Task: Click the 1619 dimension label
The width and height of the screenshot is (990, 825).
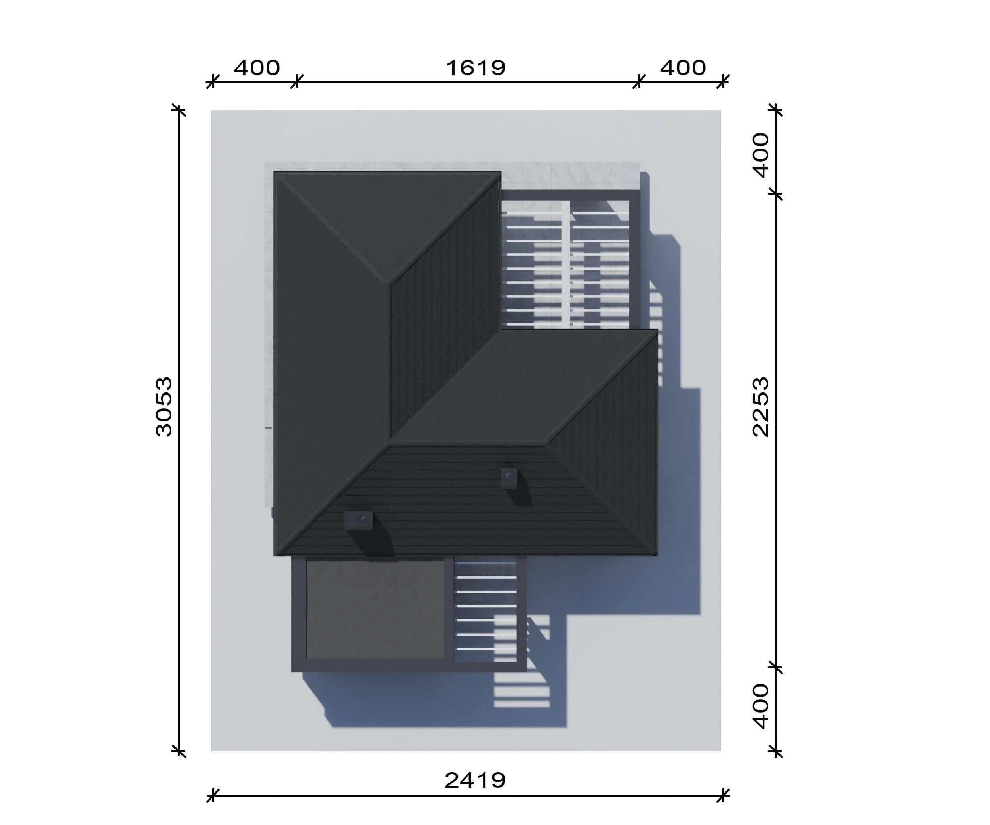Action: [476, 68]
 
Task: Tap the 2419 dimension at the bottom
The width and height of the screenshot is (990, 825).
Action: [475, 781]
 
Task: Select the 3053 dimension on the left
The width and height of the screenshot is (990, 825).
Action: [164, 407]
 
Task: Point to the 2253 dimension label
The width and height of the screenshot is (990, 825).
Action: [761, 407]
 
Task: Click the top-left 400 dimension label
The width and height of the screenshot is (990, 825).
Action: [257, 68]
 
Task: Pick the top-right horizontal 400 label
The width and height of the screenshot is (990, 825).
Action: [683, 68]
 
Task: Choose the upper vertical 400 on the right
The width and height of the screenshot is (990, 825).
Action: [761, 156]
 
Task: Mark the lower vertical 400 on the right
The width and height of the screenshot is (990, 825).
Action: [761, 706]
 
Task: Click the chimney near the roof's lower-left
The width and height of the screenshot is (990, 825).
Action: [358, 520]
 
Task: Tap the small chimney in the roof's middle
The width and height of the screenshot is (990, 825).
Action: [509, 478]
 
